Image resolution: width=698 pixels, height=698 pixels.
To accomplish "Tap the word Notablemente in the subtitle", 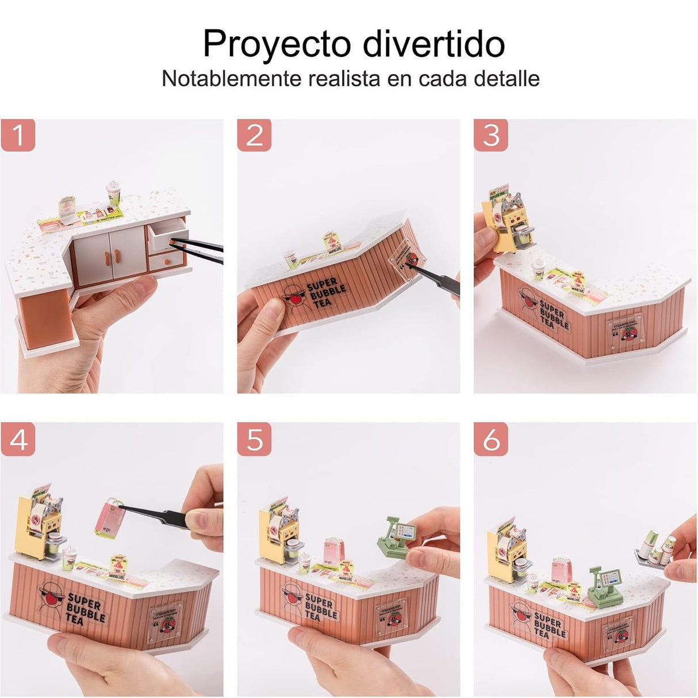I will (231, 78).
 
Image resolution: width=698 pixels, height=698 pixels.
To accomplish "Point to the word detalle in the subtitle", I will (507, 78).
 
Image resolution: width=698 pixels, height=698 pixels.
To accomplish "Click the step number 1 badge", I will (18, 136).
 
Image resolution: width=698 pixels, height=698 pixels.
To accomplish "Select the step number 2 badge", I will (254, 136).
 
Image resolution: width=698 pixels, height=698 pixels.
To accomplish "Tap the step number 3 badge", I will (491, 136).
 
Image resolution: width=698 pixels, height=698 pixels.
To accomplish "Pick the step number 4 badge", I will (18, 440).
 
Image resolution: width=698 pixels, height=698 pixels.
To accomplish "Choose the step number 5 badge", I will (254, 440).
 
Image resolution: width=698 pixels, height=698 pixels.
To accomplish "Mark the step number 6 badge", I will (491, 440).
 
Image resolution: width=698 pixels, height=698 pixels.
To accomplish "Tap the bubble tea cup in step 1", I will (113, 194).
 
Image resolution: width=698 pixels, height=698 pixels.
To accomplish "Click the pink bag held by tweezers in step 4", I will (110, 519).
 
